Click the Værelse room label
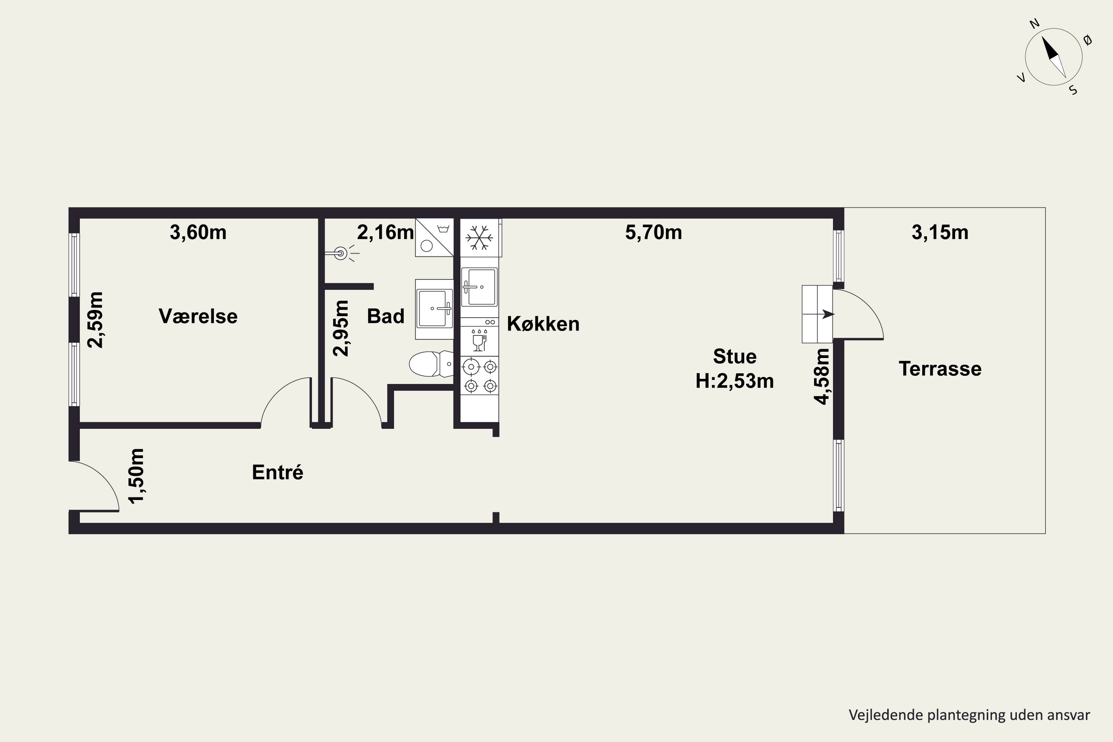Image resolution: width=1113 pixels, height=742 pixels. point(198,316)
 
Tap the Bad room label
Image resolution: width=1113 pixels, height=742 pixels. point(386,316)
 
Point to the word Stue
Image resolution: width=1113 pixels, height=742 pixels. point(735,356)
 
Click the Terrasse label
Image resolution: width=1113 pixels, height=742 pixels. point(940,369)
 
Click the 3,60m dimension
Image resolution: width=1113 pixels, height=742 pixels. point(198,232)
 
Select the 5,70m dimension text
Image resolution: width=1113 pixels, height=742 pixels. point(653,232)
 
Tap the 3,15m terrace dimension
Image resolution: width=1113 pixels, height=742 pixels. point(940,232)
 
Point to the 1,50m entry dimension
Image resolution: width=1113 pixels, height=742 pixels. point(136,476)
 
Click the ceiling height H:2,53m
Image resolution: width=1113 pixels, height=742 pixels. point(735,381)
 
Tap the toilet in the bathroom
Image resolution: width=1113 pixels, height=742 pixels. point(431,364)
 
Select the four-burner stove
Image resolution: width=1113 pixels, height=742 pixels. point(480,376)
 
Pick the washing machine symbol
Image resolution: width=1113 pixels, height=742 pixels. point(434,237)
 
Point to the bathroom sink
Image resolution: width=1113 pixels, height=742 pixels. point(434,309)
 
